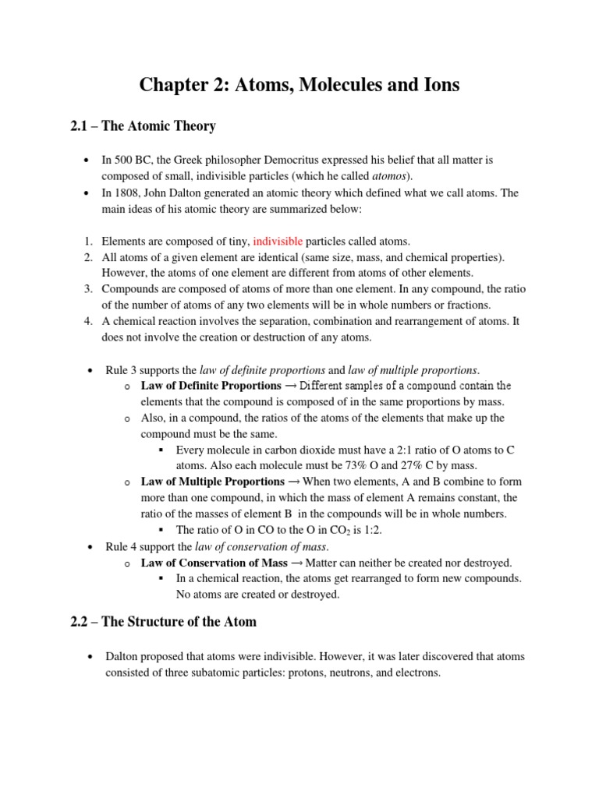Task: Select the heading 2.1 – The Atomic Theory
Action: tap(143, 125)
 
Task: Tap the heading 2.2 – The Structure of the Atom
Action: tap(163, 622)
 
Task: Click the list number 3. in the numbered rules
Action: tap(88, 288)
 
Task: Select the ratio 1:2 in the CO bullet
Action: tap(368, 530)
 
